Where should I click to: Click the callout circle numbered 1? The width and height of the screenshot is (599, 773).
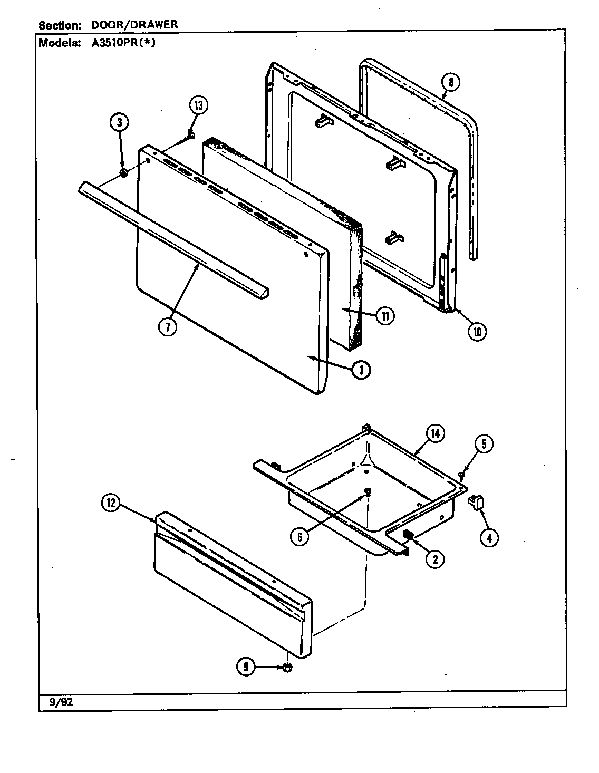(361, 370)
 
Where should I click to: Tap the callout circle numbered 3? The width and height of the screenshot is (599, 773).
(119, 122)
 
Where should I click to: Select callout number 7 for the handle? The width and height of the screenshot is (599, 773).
(167, 327)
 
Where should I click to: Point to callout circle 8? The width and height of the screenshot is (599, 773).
(450, 82)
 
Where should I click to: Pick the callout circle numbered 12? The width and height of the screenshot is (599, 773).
(111, 504)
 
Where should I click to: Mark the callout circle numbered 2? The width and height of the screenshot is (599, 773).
(434, 558)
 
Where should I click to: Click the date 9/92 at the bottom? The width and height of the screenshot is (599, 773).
(54, 701)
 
